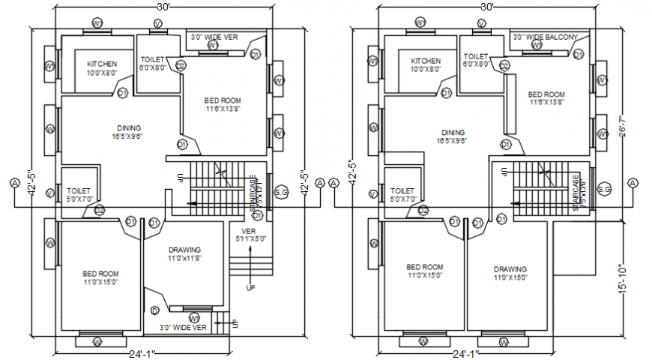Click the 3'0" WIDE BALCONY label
tap(545, 37)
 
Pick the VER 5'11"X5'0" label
tap(250, 235)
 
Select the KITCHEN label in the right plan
tap(426, 65)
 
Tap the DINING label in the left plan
tap(129, 132)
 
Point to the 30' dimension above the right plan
tap(487, 7)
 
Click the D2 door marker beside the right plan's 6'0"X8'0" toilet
tap(504, 67)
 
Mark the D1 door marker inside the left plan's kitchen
tap(122, 92)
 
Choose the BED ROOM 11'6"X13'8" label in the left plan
tap(223, 104)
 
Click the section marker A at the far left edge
tap(14, 183)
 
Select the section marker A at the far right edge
tap(633, 183)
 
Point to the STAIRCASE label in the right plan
tap(577, 193)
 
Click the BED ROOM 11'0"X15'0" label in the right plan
tap(424, 271)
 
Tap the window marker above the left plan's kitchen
tap(97, 23)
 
